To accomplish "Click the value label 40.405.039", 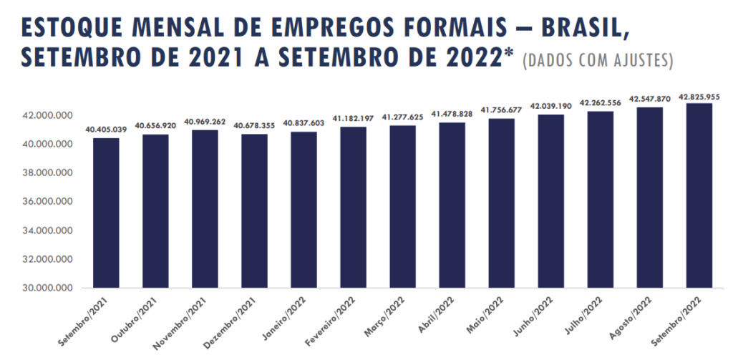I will [x=106, y=129].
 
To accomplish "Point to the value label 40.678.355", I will [x=254, y=126].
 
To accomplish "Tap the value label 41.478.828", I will [x=452, y=115].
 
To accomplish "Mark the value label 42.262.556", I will [x=600, y=103].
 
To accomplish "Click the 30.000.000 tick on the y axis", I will [x=49, y=288].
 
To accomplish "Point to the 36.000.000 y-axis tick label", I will [x=49, y=202].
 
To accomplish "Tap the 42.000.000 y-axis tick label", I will [x=49, y=115].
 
